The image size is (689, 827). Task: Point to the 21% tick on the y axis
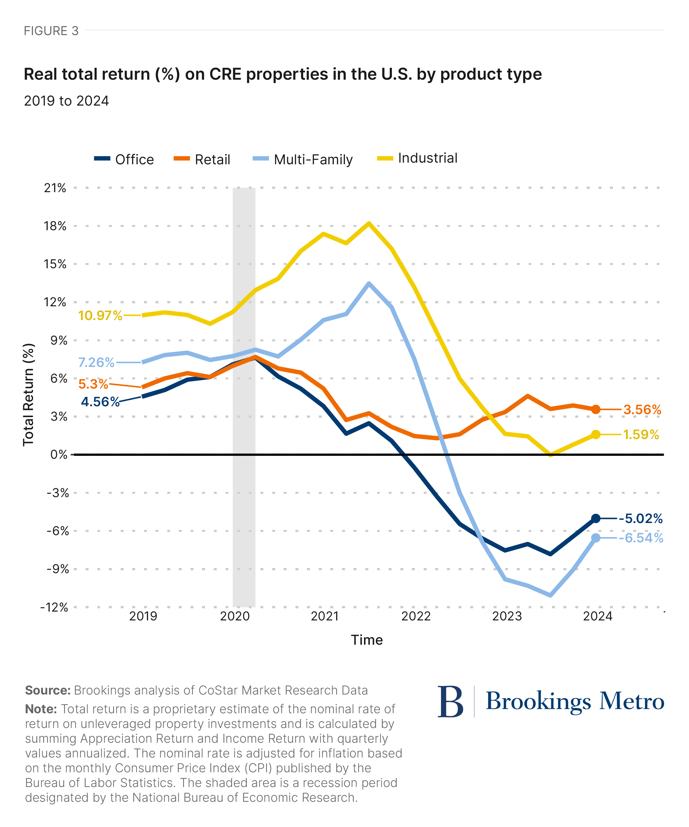(x=55, y=188)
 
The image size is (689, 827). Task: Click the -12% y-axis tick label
(x=54, y=607)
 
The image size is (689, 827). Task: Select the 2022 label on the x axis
(x=416, y=616)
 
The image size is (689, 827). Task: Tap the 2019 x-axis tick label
(x=143, y=616)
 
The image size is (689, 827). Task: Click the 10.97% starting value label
(x=100, y=315)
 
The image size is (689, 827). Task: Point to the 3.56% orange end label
(x=642, y=410)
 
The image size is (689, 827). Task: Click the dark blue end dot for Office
(x=596, y=519)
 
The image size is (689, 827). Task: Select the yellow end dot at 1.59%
(x=596, y=434)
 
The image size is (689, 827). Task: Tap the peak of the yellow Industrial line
(x=369, y=224)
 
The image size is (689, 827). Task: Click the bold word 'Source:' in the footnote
(x=48, y=690)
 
